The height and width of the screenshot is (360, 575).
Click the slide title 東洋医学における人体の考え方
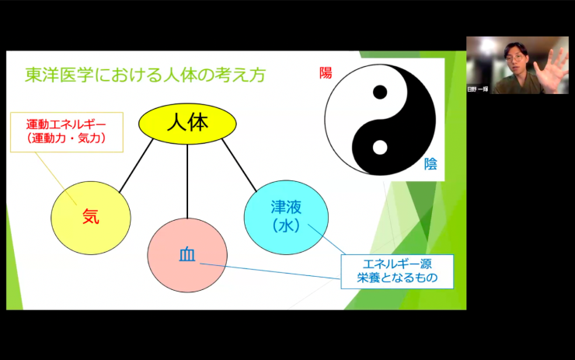145,75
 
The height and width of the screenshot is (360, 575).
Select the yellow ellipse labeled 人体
187,123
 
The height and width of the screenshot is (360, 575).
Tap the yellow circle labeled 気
90,215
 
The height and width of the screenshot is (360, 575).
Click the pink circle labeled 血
187,255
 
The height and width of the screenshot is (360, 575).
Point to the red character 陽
326,73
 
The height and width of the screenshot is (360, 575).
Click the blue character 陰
430,163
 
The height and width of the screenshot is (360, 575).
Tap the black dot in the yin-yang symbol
380,93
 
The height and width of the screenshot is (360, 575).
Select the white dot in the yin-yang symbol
380,146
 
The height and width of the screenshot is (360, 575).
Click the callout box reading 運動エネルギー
65,131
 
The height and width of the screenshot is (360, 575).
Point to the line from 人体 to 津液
239,166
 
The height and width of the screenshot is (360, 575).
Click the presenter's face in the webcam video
517,60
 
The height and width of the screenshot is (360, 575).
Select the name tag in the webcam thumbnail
479,89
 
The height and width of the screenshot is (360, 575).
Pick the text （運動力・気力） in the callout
65,138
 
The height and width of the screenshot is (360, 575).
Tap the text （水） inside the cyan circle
285,225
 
